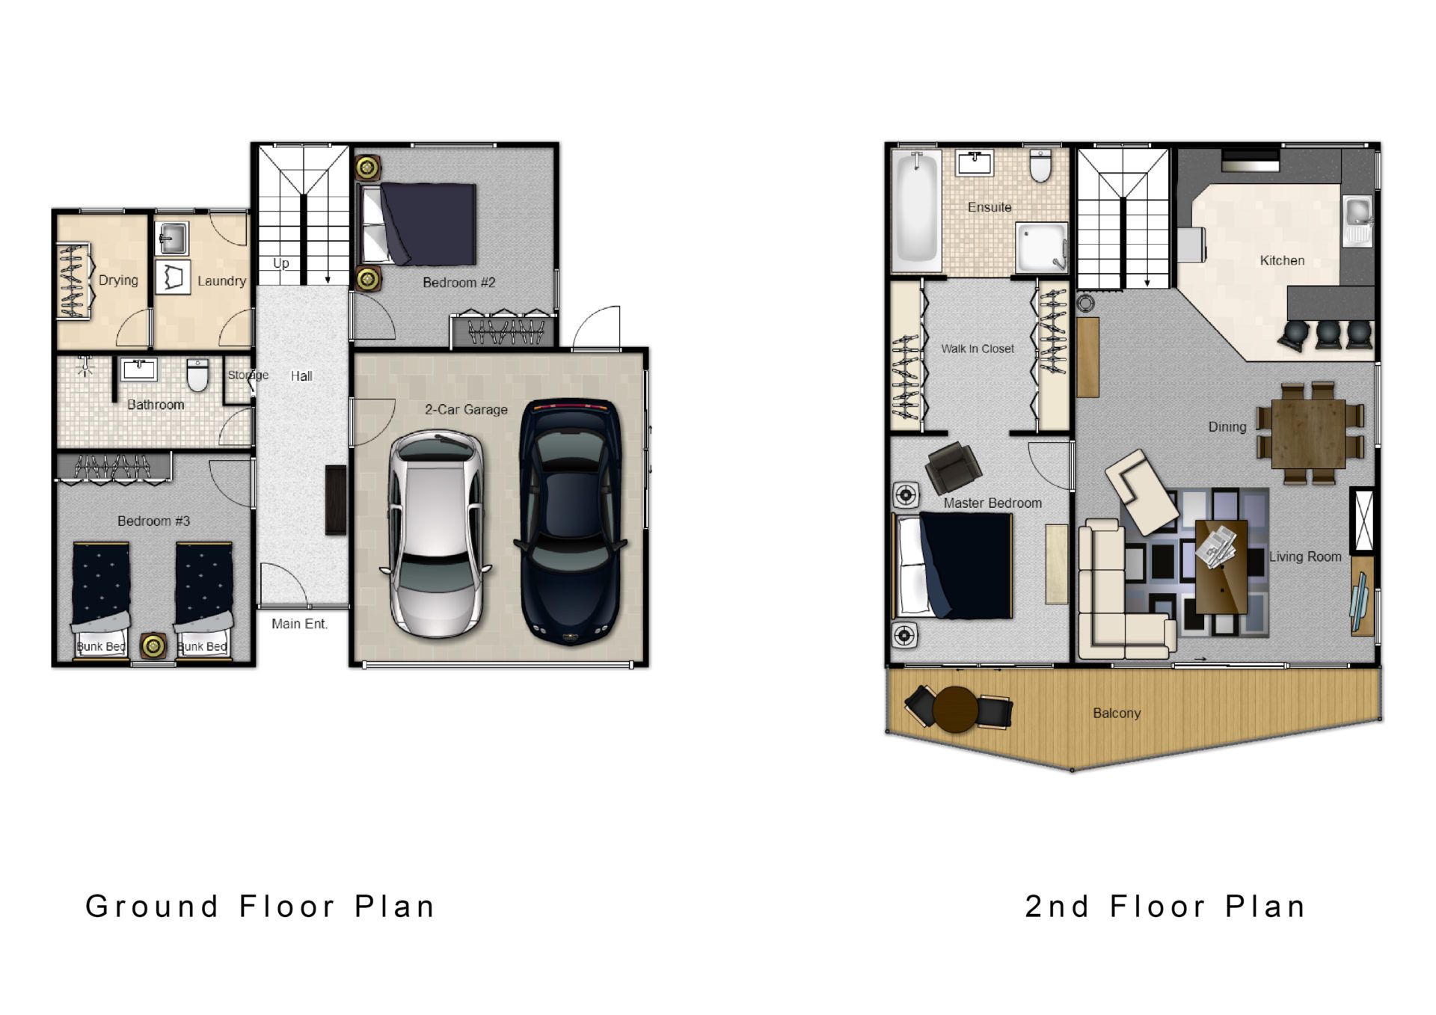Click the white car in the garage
click(436, 533)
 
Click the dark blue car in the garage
click(571, 521)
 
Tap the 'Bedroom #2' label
click(458, 283)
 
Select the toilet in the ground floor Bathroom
click(197, 375)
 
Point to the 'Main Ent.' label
click(299, 624)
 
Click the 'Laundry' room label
click(221, 281)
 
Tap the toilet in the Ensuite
click(1040, 165)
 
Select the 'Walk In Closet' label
click(978, 349)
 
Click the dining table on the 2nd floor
click(1309, 433)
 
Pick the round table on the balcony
click(955, 709)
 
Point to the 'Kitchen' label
click(1282, 260)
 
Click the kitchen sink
click(1358, 221)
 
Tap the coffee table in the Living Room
click(1221, 566)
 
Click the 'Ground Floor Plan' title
click(260, 906)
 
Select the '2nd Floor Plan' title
click(1165, 906)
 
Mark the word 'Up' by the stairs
click(281, 263)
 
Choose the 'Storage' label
click(248, 375)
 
